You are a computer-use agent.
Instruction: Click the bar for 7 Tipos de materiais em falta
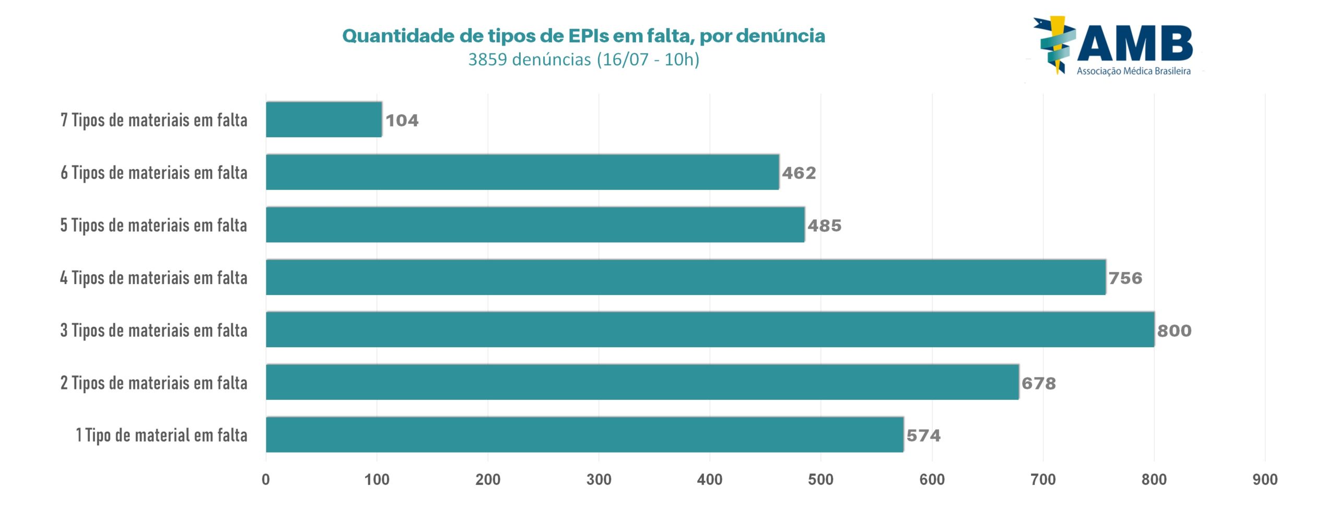324,120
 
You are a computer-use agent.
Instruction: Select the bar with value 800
710,329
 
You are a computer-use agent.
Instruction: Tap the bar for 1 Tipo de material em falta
584,434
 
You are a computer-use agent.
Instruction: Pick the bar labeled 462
522,172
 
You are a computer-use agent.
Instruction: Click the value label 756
1125,278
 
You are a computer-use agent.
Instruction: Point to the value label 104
402,121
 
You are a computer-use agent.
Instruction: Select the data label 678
1039,383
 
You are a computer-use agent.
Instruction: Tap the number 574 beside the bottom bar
923,435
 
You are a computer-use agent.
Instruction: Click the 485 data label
825,226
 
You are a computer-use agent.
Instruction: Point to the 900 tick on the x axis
1265,479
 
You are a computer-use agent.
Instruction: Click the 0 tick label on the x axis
266,479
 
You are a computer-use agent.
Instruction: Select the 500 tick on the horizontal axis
820,479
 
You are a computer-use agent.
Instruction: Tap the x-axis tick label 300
599,479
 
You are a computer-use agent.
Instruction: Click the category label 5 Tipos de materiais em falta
154,225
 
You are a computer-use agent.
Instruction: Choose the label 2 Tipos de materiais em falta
154,383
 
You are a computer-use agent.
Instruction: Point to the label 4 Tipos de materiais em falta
154,278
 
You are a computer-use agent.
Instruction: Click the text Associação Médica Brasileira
1133,71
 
